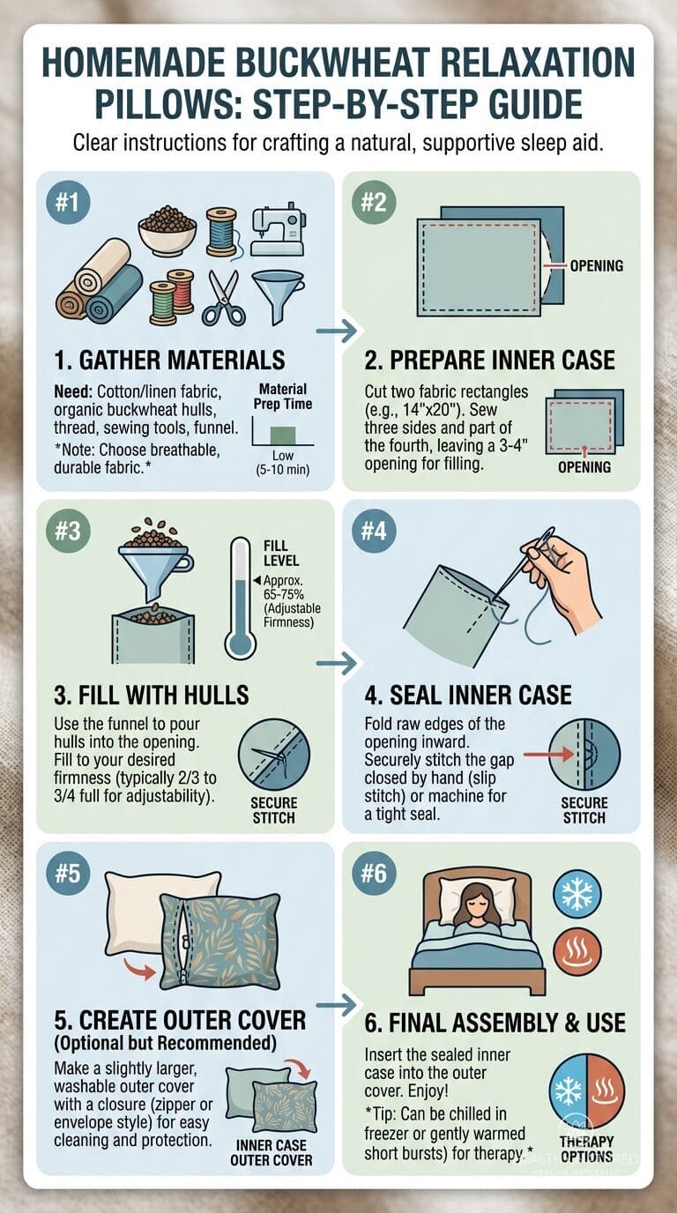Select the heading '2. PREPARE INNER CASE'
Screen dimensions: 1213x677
[x=489, y=359]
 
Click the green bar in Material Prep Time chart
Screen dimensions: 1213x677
[x=282, y=433]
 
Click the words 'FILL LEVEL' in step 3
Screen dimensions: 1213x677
[x=281, y=553]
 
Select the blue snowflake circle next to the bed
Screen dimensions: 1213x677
[x=577, y=893]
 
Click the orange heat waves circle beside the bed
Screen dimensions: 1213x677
[x=577, y=953]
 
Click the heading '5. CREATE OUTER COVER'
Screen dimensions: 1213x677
[x=180, y=1020]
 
